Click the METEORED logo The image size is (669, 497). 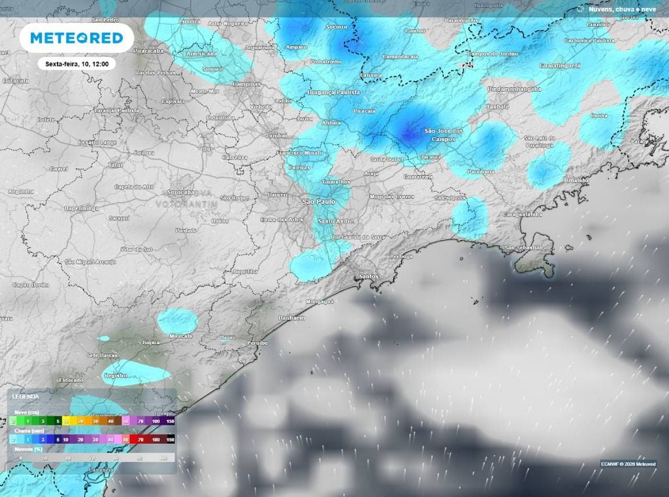click(76, 38)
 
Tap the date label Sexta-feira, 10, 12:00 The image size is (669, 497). click(76, 64)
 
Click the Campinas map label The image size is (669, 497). click(246, 84)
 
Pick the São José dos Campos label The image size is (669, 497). click(444, 135)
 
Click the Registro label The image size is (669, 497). click(115, 376)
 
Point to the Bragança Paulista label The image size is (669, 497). click(336, 93)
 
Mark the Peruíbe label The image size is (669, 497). click(257, 343)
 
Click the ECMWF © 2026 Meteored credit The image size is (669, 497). click(628, 464)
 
